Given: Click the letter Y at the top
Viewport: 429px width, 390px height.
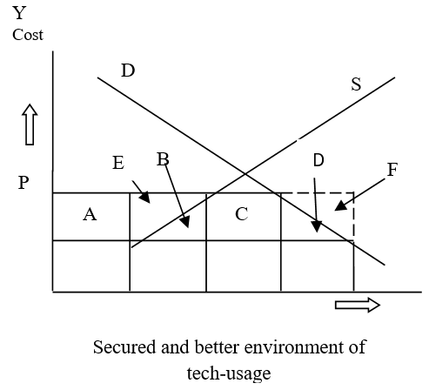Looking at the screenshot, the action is (19, 13).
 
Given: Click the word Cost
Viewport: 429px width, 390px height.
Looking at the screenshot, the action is (28, 35).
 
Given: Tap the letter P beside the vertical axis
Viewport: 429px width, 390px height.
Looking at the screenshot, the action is (23, 183).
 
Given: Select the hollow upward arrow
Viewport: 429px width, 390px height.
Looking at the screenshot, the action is (30, 124).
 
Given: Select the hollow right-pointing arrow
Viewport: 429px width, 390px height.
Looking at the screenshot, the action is (358, 305).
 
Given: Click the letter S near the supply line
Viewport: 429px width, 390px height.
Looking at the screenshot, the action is (356, 84).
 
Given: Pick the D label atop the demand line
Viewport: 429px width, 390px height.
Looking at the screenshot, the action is (128, 71).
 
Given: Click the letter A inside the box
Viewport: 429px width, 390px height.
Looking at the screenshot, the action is (90, 215).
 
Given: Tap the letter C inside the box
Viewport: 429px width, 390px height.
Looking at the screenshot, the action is (242, 214).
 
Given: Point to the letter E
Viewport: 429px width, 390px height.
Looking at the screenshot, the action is (118, 163).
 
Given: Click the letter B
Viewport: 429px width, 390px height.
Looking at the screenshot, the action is (163, 159).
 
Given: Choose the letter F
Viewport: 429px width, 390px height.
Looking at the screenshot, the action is (392, 170).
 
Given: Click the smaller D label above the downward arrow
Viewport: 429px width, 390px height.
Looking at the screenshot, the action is (318, 160).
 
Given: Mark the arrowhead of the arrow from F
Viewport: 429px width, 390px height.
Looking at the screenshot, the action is (340, 205).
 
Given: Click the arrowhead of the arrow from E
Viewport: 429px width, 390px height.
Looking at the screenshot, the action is (144, 198).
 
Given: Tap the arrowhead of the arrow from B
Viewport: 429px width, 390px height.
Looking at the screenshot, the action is (185, 222).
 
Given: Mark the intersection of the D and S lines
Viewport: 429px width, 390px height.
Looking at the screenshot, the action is (245, 174).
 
